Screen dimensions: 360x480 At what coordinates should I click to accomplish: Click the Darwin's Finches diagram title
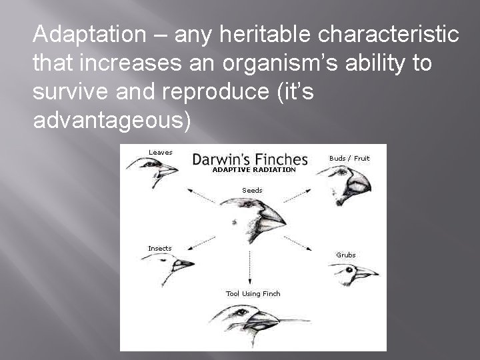[x=250, y=159]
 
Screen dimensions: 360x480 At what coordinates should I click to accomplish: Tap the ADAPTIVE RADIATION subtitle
[x=253, y=170]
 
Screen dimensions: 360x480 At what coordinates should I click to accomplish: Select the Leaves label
[x=160, y=152]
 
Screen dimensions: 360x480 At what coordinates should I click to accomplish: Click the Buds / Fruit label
[x=349, y=158]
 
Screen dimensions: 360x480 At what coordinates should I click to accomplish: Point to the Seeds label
[x=252, y=191]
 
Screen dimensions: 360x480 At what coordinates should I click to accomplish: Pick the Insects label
[x=159, y=249]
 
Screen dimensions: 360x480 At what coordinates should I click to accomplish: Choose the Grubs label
[x=346, y=255]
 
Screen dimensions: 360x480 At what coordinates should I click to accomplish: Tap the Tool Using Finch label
[x=253, y=293]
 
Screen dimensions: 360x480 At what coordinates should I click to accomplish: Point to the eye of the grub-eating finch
[x=349, y=271]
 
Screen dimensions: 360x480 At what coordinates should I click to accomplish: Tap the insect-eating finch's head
[x=169, y=263]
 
